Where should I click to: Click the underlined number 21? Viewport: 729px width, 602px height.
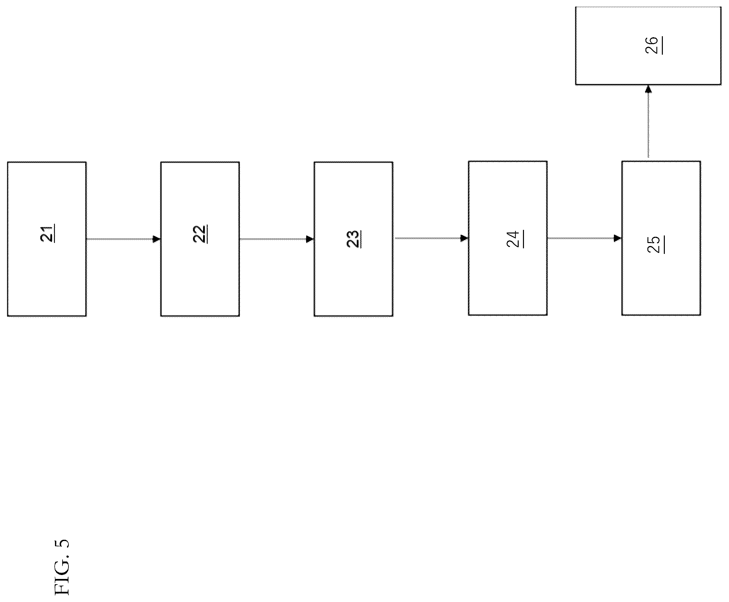point(47,234)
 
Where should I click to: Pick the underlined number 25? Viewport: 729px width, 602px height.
point(656,244)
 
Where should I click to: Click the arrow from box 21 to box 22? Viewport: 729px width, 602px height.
point(123,239)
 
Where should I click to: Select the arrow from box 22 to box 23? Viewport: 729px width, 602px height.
point(277,239)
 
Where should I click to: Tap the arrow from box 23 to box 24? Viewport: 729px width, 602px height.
point(431,238)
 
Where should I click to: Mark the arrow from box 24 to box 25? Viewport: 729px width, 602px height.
point(585,238)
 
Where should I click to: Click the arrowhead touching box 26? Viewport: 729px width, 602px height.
point(648,89)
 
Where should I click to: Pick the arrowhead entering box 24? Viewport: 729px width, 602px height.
point(465,238)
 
